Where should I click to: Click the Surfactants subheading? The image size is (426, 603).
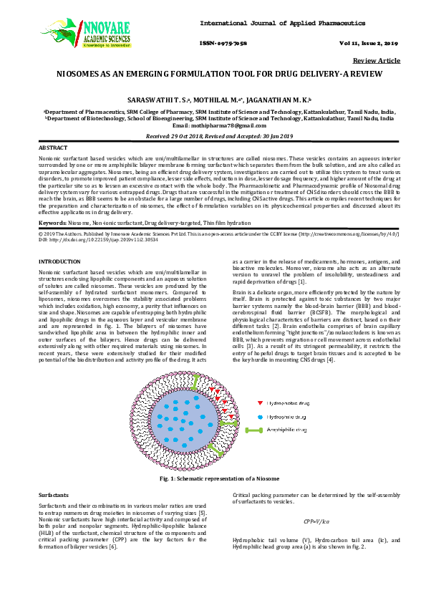coord(53,495)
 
